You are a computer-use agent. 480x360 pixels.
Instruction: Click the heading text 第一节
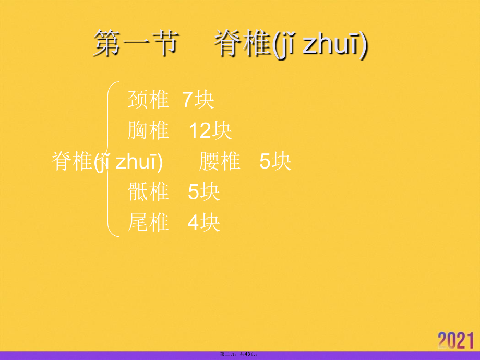tap(136, 44)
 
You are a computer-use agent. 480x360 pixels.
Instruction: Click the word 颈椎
tap(148, 100)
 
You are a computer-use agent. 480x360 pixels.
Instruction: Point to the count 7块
tap(198, 100)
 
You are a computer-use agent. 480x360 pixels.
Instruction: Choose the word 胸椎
tap(148, 130)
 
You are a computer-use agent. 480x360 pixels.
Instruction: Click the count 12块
tap(210, 130)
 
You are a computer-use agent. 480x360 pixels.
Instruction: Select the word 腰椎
tap(220, 162)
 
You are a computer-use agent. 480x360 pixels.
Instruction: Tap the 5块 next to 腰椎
tap(275, 162)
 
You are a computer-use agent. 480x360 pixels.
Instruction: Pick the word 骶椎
tap(148, 193)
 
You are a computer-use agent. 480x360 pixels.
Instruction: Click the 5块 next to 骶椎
tap(204, 193)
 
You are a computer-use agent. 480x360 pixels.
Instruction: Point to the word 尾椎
tap(148, 223)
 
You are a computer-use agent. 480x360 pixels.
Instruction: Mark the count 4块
tap(204, 223)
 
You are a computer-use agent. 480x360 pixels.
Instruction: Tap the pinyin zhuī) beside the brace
tap(139, 162)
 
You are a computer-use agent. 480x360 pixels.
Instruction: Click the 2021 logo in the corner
tap(456, 340)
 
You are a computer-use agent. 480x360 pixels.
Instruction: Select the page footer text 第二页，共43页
tap(239, 355)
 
